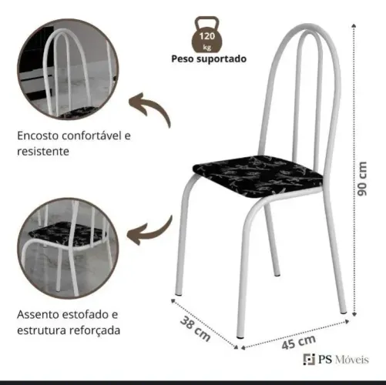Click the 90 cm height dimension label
(362, 179)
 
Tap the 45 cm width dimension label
(298, 342)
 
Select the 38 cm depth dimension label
(195, 329)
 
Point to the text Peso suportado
(209, 59)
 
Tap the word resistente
(43, 151)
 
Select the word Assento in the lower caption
(38, 314)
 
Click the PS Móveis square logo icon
(309, 359)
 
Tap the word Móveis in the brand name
(352, 360)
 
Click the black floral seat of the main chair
(257, 176)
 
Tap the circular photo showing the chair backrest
(68, 69)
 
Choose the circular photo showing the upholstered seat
(68, 249)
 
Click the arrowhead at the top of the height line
(354, 25)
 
